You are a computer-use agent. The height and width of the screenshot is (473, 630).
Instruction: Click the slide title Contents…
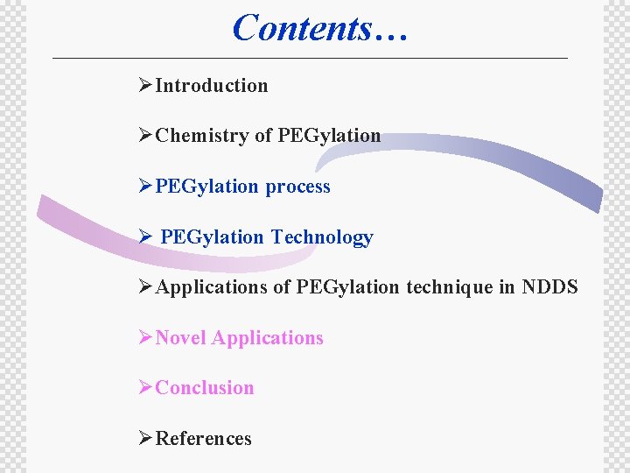pyautogui.click(x=319, y=27)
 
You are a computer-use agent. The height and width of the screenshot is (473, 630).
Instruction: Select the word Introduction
pyautogui.click(x=211, y=86)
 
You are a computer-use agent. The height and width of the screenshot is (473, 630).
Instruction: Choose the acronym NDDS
pyautogui.click(x=549, y=287)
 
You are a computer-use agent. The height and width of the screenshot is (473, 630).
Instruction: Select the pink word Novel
pyautogui.click(x=180, y=338)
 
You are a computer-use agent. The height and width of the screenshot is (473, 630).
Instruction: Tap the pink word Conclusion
pyautogui.click(x=204, y=388)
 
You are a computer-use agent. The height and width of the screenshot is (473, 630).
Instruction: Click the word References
pyautogui.click(x=203, y=439)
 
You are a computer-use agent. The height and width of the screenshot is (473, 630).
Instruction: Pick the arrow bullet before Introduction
pyautogui.click(x=146, y=86)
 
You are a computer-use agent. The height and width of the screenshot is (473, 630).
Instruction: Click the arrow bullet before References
pyautogui.click(x=146, y=439)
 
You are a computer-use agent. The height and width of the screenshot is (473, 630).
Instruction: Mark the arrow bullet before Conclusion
pyautogui.click(x=146, y=388)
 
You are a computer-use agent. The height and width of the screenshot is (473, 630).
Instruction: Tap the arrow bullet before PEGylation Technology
pyautogui.click(x=146, y=237)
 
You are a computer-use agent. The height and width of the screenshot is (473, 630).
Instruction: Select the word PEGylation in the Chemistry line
pyautogui.click(x=329, y=136)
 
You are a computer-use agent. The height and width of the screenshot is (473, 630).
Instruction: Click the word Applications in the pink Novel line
pyautogui.click(x=268, y=338)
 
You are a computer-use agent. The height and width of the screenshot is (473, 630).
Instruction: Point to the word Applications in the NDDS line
pyautogui.click(x=211, y=287)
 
